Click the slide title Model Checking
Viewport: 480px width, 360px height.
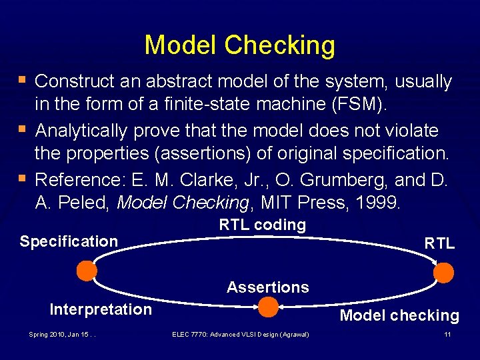[x=240, y=45]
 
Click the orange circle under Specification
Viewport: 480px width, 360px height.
[x=86, y=271]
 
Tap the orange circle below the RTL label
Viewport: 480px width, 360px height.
[x=443, y=273]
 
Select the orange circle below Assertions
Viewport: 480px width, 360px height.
[x=268, y=307]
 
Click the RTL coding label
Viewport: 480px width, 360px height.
[x=262, y=225]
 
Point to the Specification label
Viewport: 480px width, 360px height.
[x=69, y=241]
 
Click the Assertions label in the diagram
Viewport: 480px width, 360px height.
[x=267, y=287]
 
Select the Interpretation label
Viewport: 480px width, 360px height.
[x=101, y=309]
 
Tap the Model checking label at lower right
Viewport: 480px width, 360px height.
[x=399, y=316]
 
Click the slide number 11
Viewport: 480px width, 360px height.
[x=447, y=334]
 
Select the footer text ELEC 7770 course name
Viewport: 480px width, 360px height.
[x=240, y=334]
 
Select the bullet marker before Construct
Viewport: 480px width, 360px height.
[x=23, y=81]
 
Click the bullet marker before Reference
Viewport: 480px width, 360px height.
[x=23, y=178]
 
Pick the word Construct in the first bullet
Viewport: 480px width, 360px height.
[x=76, y=82]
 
